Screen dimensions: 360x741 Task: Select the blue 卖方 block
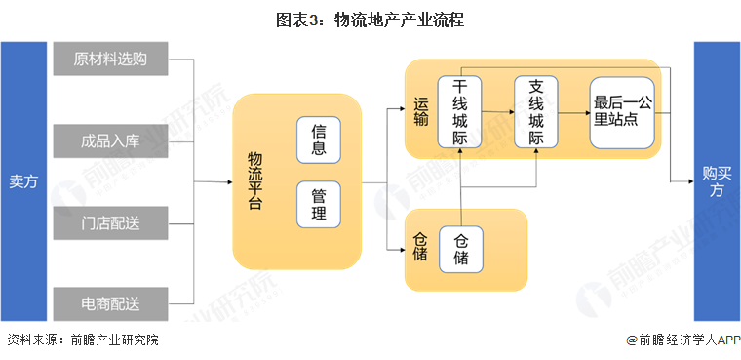23,181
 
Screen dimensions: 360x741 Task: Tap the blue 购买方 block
716,181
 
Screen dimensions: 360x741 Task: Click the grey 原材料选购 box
111,59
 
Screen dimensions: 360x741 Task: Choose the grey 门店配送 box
111,223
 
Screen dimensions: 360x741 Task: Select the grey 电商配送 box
111,305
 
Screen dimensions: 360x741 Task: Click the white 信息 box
319,140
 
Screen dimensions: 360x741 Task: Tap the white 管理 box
319,204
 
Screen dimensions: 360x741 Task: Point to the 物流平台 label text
254,181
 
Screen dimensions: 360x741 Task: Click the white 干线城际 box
460,112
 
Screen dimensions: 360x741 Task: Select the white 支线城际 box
536,112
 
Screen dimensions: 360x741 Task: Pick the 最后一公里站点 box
621,112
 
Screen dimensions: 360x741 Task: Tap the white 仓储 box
460,249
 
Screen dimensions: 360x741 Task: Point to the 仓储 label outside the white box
420,249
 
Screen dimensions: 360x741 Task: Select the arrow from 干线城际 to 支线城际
498,112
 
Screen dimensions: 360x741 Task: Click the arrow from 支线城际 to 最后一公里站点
574,112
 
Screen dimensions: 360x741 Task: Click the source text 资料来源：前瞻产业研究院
82,340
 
